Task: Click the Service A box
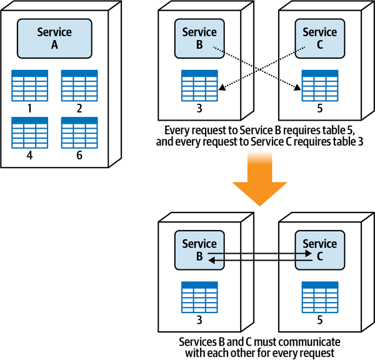pos(54,38)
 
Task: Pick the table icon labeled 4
pos(29,132)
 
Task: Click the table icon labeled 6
pos(79,132)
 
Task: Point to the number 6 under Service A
pos(79,154)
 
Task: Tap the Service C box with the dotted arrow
pos(319,38)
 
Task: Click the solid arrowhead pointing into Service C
pos(309,254)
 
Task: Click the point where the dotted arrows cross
pos(259,67)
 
